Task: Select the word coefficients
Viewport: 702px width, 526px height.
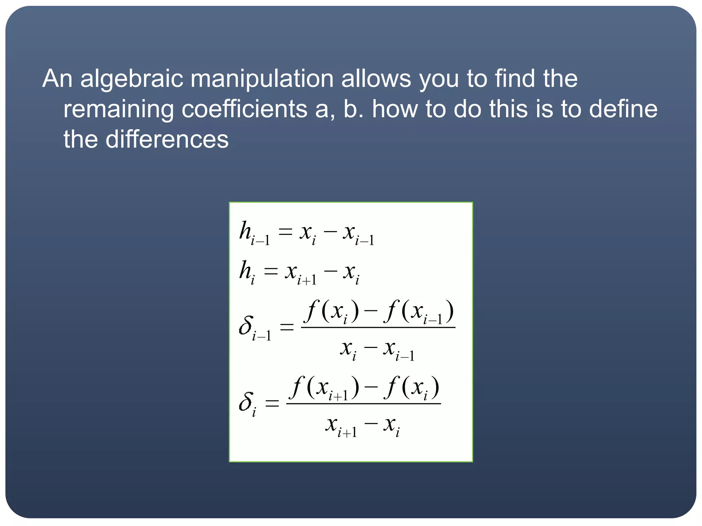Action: click(244, 109)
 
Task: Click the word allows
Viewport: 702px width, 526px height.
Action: click(376, 79)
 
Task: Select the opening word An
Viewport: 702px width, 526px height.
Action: click(57, 79)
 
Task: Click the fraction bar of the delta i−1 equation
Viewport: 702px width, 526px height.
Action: click(378, 328)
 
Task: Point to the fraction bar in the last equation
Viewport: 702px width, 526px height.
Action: click(363, 404)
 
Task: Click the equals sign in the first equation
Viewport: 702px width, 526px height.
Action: click(285, 233)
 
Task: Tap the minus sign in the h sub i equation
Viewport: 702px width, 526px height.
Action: click(330, 272)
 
